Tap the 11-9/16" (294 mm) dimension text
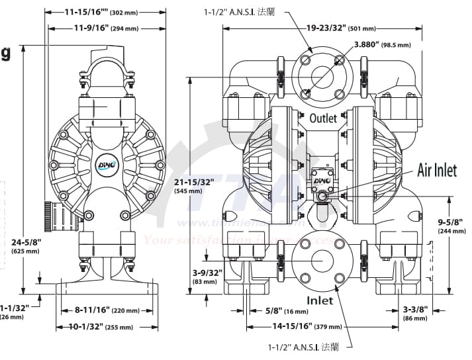[x=106, y=28]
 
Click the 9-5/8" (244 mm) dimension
[x=449, y=226]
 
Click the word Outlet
[x=323, y=118]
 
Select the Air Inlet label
[x=436, y=171]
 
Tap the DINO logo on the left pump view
[x=107, y=163]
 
